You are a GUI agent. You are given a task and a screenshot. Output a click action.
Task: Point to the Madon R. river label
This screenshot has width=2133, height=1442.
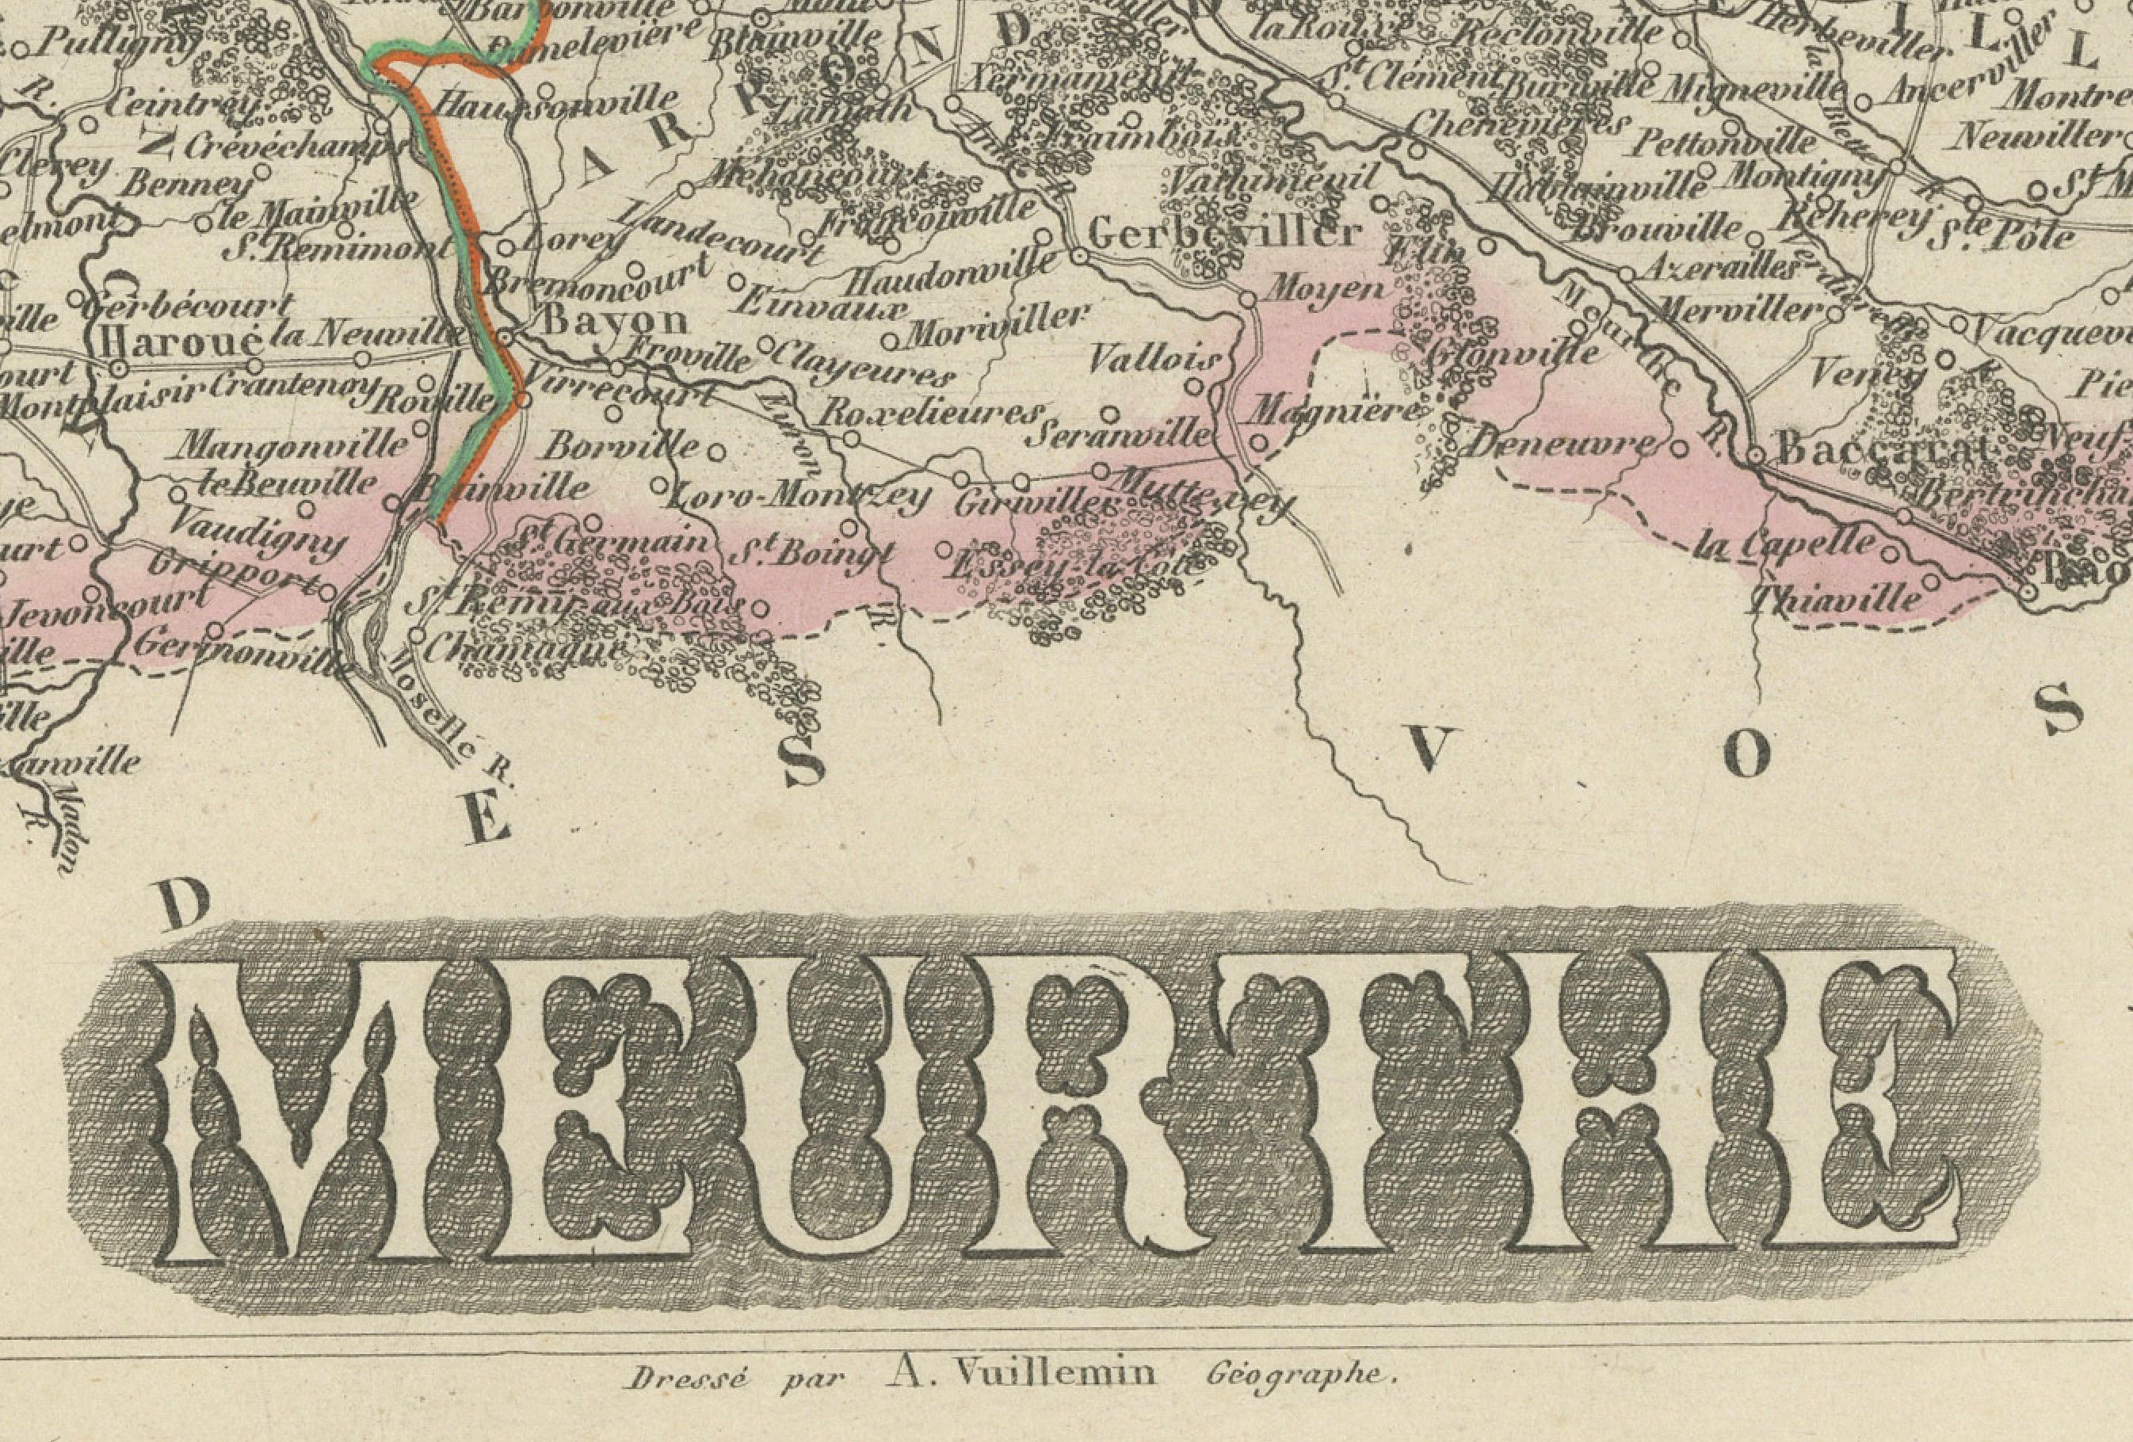point(57,826)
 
